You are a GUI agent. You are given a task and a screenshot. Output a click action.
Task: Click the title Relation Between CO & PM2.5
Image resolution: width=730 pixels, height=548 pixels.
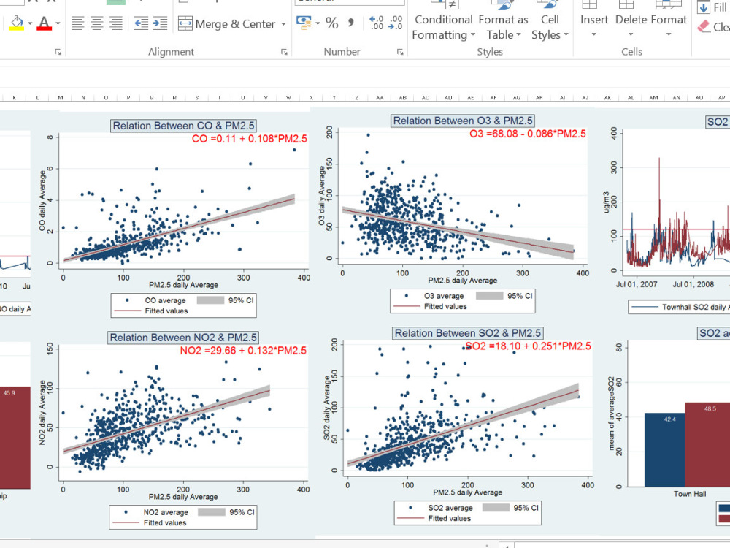tap(183, 126)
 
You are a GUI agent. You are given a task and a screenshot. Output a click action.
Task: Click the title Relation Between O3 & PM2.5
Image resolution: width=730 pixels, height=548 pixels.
tap(463, 121)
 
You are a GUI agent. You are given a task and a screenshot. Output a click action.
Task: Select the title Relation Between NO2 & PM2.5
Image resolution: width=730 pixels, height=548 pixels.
tap(182, 338)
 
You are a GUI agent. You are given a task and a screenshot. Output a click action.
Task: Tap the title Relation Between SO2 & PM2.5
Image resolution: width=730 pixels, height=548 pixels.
tap(468, 333)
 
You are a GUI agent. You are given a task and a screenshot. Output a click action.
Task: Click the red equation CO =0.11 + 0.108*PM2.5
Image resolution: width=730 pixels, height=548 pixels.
tap(249, 138)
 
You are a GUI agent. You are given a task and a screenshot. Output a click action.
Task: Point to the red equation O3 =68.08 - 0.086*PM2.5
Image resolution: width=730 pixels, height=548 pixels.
tap(527, 133)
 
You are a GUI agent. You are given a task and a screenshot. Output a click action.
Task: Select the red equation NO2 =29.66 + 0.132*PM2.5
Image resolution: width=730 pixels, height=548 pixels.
tap(243, 351)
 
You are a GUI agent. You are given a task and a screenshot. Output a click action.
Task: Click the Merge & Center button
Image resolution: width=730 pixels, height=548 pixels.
tap(227, 24)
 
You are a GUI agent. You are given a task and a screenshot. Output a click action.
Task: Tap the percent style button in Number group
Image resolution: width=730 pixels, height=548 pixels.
tap(332, 23)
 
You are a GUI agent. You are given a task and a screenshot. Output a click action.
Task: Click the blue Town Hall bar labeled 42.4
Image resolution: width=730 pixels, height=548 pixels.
tap(664, 449)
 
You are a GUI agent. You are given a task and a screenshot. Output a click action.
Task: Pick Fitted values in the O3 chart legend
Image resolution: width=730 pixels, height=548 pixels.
tap(445, 306)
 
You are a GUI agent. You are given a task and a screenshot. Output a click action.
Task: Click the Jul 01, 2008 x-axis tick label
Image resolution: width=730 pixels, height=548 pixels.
tap(693, 283)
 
